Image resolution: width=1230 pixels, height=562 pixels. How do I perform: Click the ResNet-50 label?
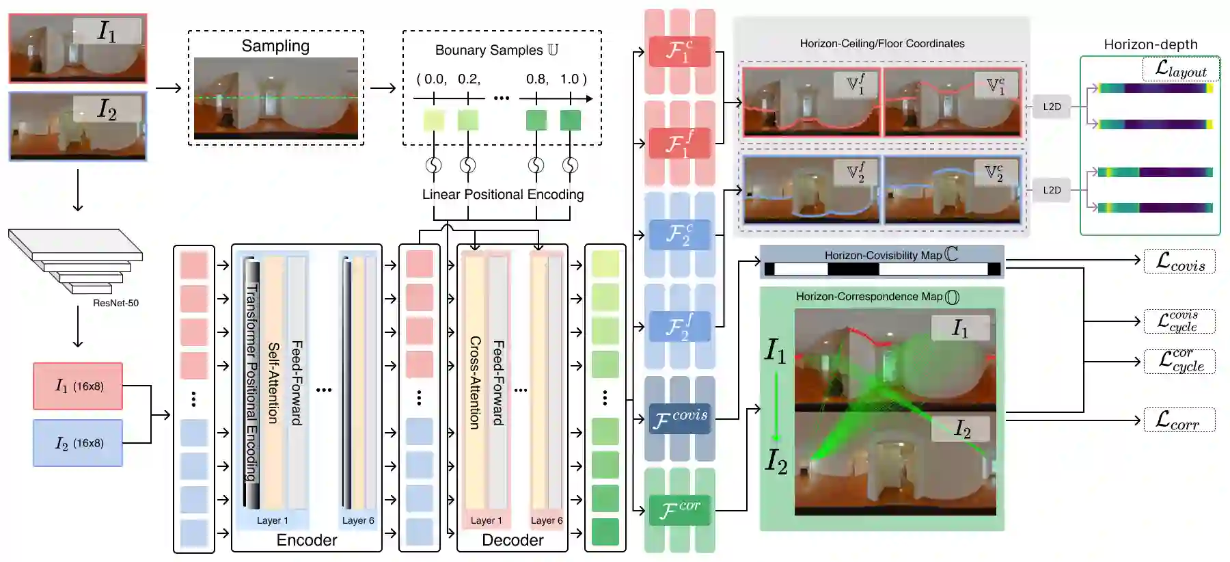pos(115,303)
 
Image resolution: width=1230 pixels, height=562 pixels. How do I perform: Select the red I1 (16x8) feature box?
pos(78,386)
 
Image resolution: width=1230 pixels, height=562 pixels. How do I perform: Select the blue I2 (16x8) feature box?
pos(78,443)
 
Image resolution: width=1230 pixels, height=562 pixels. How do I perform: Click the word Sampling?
pos(275,46)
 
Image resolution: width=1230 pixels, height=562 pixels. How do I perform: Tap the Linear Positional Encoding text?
pos(503,194)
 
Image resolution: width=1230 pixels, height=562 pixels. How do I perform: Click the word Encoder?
pos(307,540)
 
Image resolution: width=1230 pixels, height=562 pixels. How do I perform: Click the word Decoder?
pos(512,540)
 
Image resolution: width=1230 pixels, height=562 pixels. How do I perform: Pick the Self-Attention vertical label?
pos(273,383)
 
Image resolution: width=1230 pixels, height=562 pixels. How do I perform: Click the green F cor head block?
pos(680,509)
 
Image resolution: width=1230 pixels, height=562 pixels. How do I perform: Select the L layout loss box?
pos(1180,69)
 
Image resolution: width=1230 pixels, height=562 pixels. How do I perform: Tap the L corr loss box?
pos(1179,420)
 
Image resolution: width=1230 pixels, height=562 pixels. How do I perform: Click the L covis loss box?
pos(1179,261)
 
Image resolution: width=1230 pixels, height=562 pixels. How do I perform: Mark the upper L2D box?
pos(1052,107)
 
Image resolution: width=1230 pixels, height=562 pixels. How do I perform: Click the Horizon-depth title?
pos(1151,44)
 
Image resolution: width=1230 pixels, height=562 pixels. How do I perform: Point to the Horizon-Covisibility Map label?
pos(883,255)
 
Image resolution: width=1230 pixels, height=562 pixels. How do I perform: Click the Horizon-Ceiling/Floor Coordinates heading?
pos(882,43)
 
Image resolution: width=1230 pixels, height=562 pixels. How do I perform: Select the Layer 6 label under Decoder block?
pos(547,520)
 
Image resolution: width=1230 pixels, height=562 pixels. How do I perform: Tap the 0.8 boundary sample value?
pos(536,79)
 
